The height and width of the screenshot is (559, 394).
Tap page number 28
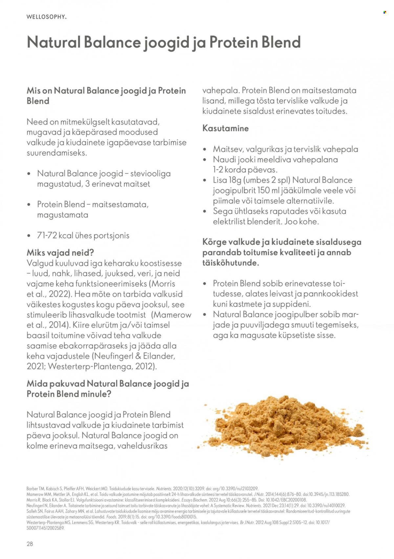(x=30, y=544)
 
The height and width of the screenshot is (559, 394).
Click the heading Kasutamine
(x=225, y=128)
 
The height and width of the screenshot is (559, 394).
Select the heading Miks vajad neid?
(x=60, y=253)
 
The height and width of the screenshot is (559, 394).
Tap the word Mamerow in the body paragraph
(x=173, y=315)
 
